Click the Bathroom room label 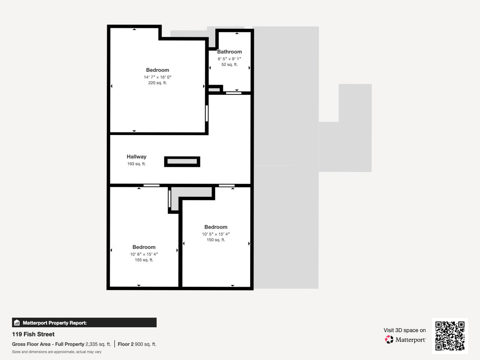click(229, 52)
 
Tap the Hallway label click(136, 157)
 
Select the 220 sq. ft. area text click(157, 83)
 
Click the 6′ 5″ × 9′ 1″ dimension click(229, 59)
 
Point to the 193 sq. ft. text click(136, 164)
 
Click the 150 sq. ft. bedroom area click(216, 240)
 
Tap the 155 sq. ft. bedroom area click(144, 260)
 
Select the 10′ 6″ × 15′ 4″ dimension click(144, 254)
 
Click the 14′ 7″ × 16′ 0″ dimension click(157, 77)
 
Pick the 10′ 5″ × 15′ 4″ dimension click(216, 234)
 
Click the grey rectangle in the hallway click(182, 162)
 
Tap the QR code click(450, 336)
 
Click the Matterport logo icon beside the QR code click(389, 340)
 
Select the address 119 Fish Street click(33, 334)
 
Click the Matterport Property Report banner click(84, 322)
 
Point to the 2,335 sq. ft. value click(98, 344)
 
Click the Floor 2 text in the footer click(125, 344)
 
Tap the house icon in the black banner click(17, 322)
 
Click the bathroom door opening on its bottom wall click(233, 93)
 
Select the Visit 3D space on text click(405, 330)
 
